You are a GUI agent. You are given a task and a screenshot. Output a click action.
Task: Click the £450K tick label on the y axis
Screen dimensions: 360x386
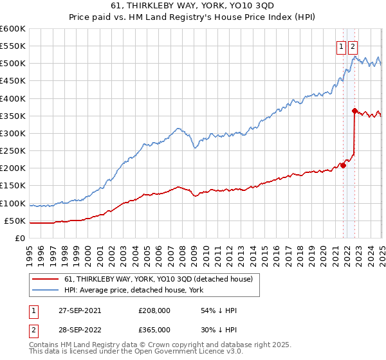(12, 81)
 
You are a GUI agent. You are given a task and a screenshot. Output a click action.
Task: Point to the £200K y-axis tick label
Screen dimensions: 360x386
(12, 168)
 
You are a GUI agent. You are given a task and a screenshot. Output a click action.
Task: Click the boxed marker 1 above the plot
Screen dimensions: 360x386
(340, 46)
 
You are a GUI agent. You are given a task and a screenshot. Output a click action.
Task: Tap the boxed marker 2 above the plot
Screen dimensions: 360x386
(353, 46)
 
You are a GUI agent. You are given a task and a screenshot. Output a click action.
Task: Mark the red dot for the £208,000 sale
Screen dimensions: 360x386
(343, 165)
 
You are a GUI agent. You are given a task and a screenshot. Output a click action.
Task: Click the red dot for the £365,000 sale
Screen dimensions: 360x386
(354, 111)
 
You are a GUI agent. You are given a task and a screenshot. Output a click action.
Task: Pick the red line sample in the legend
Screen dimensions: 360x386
(46, 279)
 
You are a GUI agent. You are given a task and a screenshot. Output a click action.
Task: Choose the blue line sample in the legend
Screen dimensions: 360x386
(46, 290)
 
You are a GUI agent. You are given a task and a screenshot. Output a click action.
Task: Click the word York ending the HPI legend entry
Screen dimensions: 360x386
(196, 290)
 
